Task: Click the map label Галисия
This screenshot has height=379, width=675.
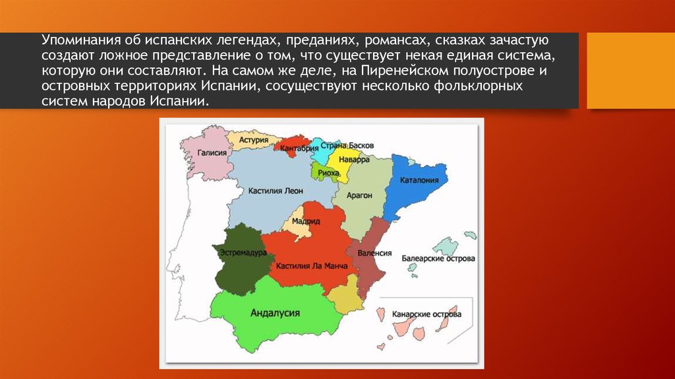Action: [x=212, y=153]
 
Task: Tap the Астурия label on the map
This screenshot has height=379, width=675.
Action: [x=253, y=140]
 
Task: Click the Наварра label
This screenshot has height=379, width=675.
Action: [x=349, y=160]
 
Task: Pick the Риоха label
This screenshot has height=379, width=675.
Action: [x=328, y=172]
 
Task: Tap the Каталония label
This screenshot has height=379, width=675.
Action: [x=420, y=179]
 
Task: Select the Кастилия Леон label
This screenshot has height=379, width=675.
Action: [x=276, y=190]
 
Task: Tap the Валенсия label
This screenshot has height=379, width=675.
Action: [x=375, y=253]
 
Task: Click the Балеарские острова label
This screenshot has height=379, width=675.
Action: [x=438, y=259]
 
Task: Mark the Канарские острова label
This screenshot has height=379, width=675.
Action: [x=426, y=315]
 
